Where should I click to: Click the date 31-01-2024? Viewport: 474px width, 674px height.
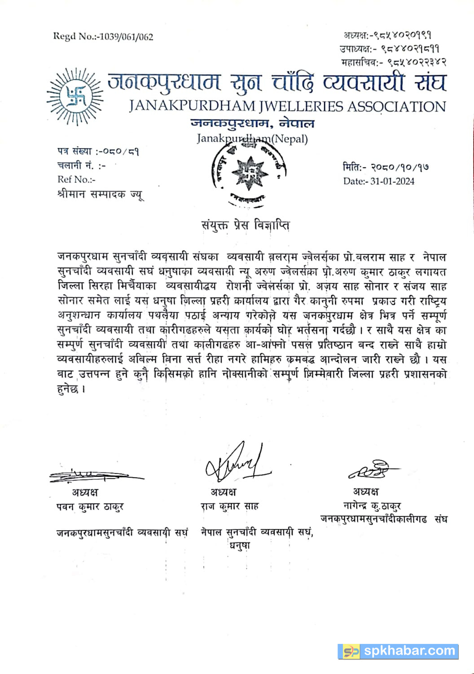[x=392, y=182]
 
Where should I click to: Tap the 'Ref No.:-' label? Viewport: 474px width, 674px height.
[x=77, y=180]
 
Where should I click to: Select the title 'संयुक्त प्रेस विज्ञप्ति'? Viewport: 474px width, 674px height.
[x=245, y=225]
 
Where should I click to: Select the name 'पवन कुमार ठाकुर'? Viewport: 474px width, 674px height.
[x=90, y=507]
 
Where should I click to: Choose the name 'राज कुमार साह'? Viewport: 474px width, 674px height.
[x=229, y=506]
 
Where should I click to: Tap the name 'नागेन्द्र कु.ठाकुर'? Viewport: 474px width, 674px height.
[x=372, y=506]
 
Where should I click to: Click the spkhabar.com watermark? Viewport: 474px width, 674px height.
[x=399, y=651]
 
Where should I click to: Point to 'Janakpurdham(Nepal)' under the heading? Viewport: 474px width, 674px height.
[x=252, y=138]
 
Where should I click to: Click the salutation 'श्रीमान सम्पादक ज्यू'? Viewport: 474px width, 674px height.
[x=101, y=195]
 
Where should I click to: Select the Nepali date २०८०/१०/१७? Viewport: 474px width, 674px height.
[x=399, y=167]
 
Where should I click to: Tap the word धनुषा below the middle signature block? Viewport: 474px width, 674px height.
[x=240, y=546]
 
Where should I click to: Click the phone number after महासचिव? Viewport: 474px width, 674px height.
[x=416, y=62]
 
